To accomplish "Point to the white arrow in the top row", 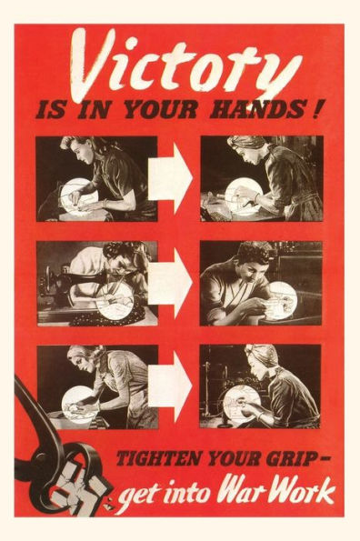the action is click(170, 179).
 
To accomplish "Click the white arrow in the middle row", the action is click(170, 284).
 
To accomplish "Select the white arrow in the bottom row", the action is click(170, 386).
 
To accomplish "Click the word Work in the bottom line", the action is click(303, 489).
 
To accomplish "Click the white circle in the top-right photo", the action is click(244, 197).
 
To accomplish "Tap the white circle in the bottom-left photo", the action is click(79, 403).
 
